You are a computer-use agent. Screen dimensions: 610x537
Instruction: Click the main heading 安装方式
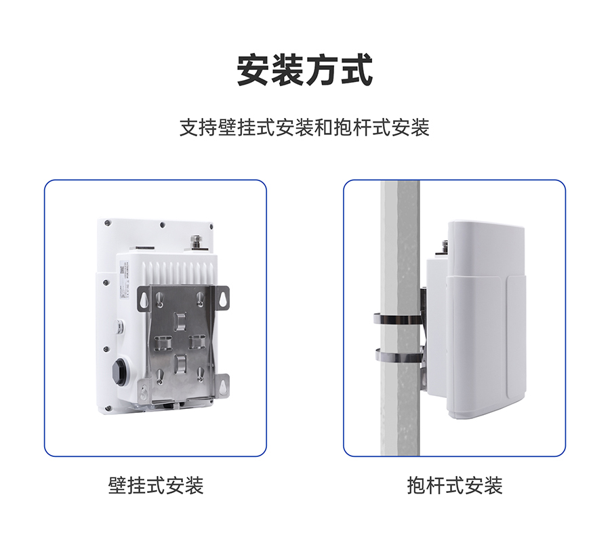(305, 70)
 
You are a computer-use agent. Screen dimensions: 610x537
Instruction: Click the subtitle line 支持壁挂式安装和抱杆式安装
(304, 127)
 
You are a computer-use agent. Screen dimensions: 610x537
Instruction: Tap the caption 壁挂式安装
(156, 485)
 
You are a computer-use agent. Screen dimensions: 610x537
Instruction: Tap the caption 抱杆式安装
(455, 485)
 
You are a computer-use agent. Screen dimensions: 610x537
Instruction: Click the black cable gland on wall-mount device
(121, 372)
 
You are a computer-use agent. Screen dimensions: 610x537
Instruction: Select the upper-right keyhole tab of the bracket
(223, 298)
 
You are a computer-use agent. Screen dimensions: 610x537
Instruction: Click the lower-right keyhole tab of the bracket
(224, 386)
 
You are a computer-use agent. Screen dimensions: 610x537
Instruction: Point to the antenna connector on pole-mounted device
(445, 246)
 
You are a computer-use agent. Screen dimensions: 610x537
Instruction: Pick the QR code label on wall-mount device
(121, 270)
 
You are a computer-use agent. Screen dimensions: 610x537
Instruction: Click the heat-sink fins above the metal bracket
(178, 273)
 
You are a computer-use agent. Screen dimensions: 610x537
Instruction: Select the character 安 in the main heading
(253, 70)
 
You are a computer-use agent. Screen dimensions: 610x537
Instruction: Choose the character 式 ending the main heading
(357, 70)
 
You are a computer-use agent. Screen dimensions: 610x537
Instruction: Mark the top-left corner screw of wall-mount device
(107, 223)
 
